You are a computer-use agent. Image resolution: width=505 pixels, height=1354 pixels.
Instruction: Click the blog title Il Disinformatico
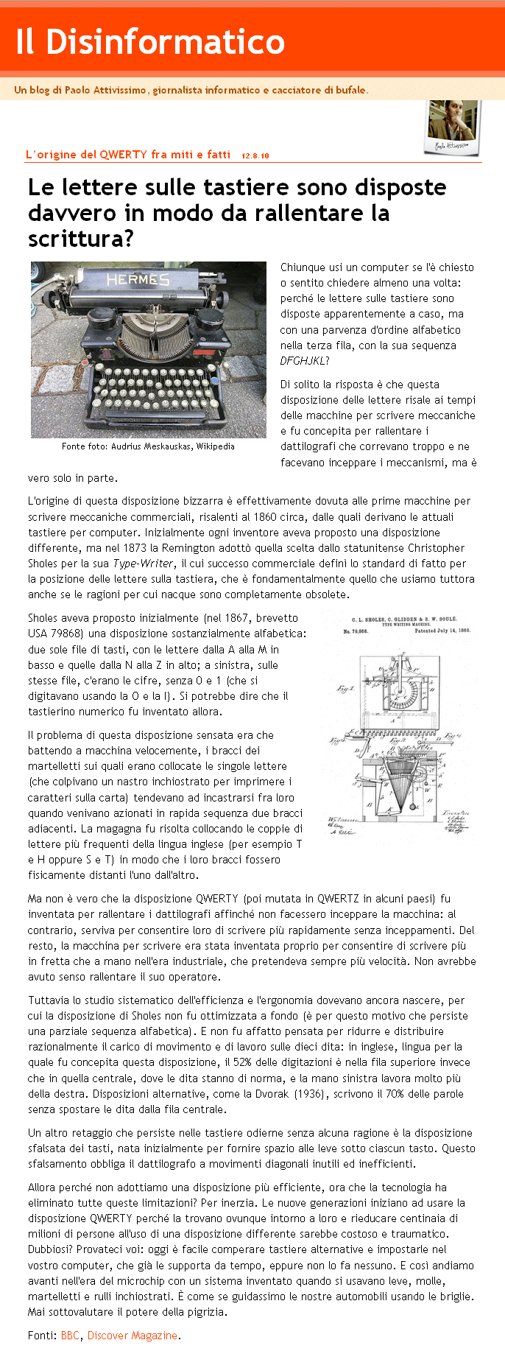pos(149,42)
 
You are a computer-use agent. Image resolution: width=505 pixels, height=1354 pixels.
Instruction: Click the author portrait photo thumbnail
pos(452,126)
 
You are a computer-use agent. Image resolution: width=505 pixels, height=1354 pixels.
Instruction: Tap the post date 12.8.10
pos(255,155)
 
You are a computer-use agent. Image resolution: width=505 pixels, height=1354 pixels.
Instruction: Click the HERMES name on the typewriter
pos(138,280)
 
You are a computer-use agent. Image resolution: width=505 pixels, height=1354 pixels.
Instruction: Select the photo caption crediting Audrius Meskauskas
pos(148,446)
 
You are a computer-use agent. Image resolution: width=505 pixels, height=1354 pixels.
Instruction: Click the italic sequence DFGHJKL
pos(304,361)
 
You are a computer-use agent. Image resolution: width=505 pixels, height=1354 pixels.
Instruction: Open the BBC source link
pos(70,1336)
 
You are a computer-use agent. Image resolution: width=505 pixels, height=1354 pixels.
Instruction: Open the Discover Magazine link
pos(133,1336)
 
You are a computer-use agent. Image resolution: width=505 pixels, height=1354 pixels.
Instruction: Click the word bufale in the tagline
pos(350,91)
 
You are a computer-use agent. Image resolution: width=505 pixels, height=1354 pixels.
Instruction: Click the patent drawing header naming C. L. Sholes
pos(398,620)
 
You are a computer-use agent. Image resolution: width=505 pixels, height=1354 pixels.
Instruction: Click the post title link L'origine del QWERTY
pos(127,155)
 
